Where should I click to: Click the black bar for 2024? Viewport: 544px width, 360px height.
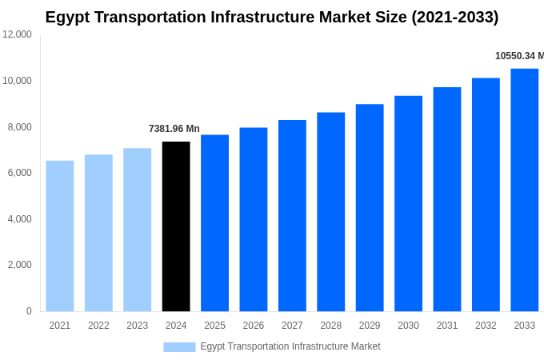point(176,226)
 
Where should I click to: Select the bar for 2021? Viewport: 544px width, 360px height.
point(60,236)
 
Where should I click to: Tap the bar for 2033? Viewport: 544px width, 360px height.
point(524,190)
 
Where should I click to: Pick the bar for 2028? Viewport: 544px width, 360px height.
point(330,212)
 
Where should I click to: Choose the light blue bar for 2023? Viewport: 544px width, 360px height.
point(137,230)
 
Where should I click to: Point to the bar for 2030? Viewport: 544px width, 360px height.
point(408,203)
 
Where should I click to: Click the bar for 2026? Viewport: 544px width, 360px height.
point(254,219)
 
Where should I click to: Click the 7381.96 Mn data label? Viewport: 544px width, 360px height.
point(174,129)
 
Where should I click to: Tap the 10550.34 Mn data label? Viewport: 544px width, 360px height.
point(518,56)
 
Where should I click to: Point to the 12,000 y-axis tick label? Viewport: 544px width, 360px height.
point(17,34)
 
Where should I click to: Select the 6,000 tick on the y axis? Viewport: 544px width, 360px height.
point(19,173)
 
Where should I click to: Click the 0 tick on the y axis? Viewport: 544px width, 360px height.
point(29,311)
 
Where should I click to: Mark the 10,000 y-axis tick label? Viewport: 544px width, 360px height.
point(17,81)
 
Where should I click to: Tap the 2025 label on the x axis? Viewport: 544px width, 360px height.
point(214,326)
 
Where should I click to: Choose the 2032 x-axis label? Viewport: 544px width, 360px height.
point(486,326)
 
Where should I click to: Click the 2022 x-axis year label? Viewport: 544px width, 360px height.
point(98,326)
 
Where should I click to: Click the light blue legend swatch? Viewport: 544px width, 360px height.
point(179,346)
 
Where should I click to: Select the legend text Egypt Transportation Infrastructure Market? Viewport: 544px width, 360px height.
point(290,346)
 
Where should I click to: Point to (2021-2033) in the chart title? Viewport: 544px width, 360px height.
point(454,17)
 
